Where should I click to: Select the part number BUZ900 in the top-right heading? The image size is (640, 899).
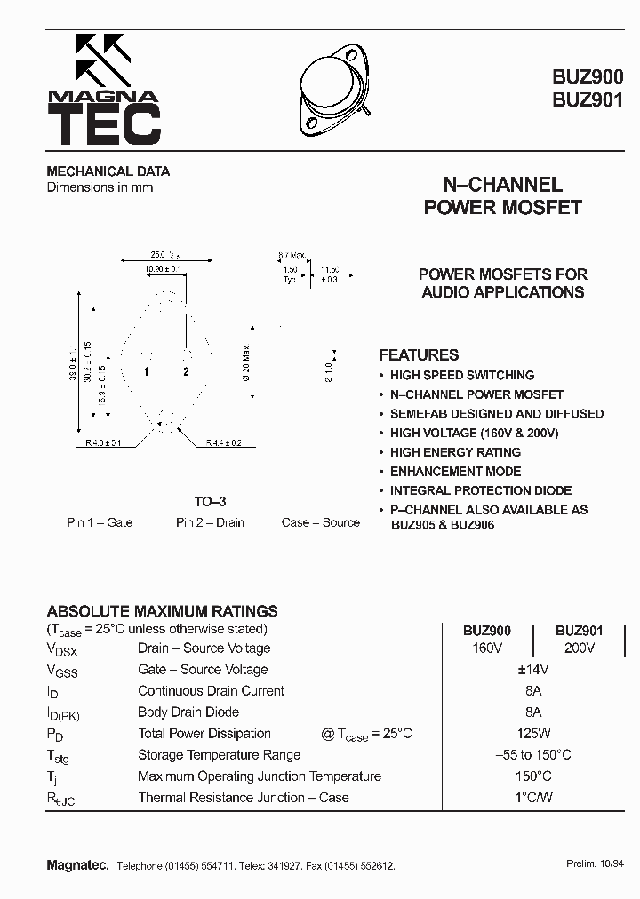[x=588, y=77]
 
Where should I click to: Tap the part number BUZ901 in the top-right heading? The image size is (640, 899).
[x=588, y=100]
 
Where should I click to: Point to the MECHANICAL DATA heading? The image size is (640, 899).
[x=108, y=171]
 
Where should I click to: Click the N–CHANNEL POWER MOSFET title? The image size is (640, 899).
[x=502, y=196]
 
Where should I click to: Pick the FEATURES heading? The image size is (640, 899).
[x=419, y=354]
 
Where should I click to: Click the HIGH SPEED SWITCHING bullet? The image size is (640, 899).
[x=461, y=375]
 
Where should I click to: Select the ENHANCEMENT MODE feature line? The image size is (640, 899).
[x=455, y=472]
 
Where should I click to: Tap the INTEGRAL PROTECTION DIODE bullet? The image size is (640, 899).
[x=480, y=490]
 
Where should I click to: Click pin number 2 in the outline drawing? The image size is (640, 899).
[x=187, y=371]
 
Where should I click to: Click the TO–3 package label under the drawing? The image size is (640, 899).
[x=210, y=502]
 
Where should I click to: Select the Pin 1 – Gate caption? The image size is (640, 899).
[x=100, y=522]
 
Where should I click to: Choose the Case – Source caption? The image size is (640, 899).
[x=321, y=522]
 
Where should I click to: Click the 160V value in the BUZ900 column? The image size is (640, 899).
[x=487, y=648]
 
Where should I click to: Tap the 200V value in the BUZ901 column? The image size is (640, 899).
[x=579, y=648]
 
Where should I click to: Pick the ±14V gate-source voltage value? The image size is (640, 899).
[x=533, y=670]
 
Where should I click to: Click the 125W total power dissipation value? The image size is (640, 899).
[x=533, y=734]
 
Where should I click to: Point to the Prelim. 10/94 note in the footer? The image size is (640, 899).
[x=595, y=863]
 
